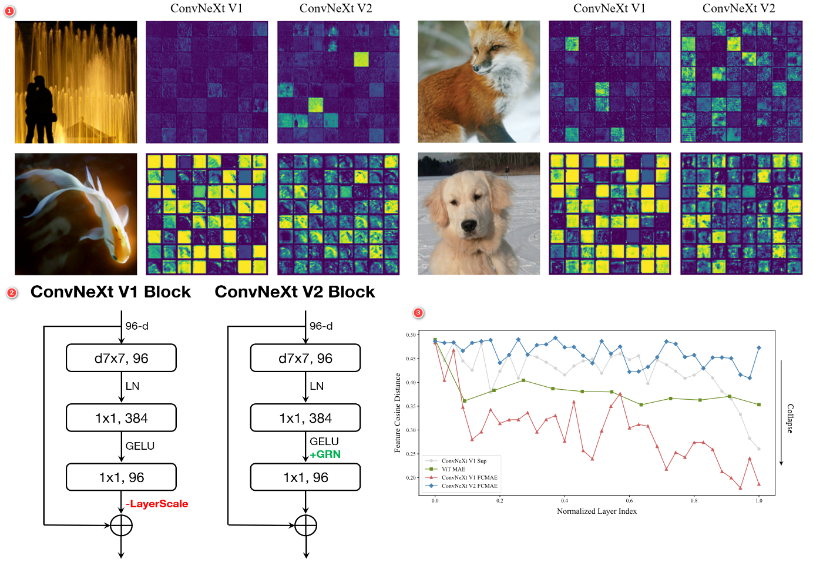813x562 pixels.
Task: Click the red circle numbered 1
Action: click(9, 11)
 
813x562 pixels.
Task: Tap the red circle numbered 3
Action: click(418, 313)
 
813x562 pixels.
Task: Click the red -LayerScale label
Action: click(157, 504)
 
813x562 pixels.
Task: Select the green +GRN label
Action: click(325, 454)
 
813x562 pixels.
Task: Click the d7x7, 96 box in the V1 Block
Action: click(121, 358)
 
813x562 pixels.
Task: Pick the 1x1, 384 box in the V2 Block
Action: click(305, 418)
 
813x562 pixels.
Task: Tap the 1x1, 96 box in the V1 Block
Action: click(121, 477)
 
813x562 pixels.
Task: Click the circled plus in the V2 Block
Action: click(305, 526)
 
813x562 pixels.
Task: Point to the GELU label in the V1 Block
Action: click(140, 446)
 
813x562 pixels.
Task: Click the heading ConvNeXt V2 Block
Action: click(294, 292)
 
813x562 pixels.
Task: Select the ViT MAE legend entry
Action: click(453, 469)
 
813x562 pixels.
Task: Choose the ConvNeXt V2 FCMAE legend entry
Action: click(469, 486)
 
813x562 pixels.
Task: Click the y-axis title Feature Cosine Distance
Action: click(398, 413)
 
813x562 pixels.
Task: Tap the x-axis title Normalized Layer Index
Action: click(596, 511)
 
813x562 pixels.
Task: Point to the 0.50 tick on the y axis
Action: click(411, 335)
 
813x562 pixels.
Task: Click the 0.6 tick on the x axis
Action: click(629, 501)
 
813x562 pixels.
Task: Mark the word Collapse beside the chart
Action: click(790, 419)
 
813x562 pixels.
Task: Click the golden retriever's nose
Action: click(468, 225)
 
